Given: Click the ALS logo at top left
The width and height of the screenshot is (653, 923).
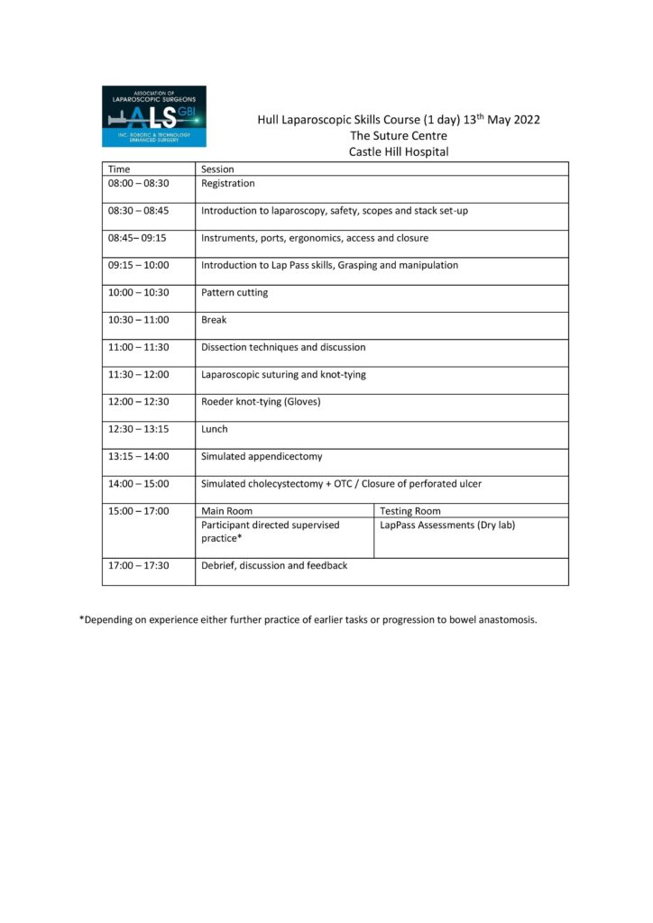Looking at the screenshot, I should point(153,116).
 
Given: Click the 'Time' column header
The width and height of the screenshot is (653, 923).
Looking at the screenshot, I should point(119,169).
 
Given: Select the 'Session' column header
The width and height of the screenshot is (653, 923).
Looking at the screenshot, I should point(217,169).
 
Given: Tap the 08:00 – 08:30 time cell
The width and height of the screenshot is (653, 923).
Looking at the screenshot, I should point(138,183).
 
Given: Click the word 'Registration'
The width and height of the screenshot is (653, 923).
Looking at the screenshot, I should point(228,183).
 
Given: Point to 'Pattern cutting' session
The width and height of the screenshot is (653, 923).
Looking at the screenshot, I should point(235,293).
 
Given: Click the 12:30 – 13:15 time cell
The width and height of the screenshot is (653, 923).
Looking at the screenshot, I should point(138,429).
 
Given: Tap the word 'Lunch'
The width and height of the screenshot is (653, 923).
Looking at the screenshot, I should point(215,429).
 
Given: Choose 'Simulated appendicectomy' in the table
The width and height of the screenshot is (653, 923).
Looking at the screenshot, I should point(262,456).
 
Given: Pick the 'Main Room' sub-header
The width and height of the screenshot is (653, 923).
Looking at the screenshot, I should point(226,511).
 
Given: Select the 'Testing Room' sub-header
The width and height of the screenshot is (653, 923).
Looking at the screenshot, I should point(410,511).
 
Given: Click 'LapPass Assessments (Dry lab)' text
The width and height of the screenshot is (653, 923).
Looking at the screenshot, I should point(447,525).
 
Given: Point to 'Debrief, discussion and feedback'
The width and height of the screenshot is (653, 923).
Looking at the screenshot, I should point(274,565).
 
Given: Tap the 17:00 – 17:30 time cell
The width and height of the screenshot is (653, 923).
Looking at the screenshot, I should point(138,565).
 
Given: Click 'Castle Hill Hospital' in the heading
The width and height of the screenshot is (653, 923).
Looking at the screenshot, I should point(399,151).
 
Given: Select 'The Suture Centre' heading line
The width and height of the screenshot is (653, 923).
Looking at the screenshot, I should point(399,135).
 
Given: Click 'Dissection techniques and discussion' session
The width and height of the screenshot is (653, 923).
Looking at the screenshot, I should point(283,347).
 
